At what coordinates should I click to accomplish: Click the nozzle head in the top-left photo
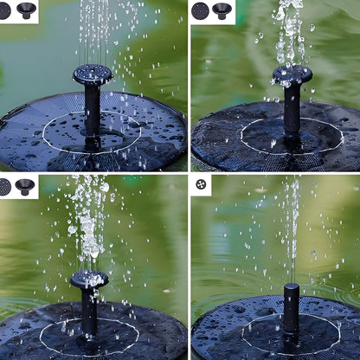92,74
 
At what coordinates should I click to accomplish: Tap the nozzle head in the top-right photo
292,75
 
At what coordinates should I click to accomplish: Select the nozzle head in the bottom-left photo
90,279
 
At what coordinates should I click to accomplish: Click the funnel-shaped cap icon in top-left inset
26,10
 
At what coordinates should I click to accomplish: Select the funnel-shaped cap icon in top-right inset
222,10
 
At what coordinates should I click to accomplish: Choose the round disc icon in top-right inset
201,11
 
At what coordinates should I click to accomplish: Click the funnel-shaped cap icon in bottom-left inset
24,186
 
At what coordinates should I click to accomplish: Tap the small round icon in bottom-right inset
201,184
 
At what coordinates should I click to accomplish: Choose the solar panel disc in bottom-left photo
39,337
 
